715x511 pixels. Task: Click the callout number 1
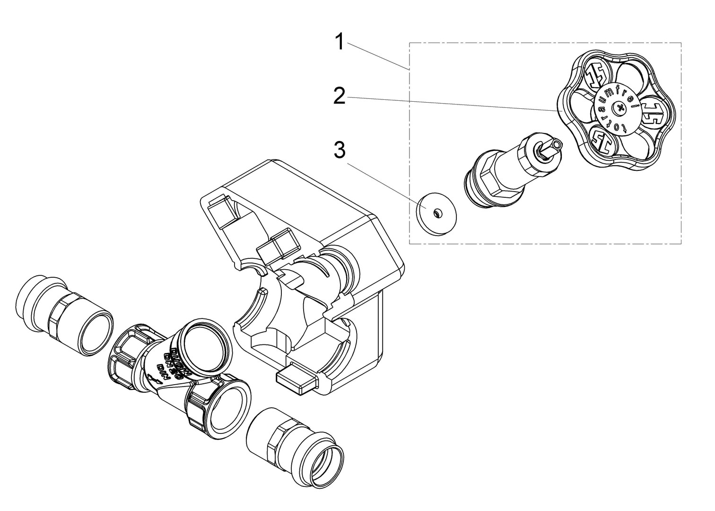pyautogui.click(x=339, y=41)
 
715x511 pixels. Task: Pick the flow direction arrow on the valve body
pyautogui.click(x=151, y=378)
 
